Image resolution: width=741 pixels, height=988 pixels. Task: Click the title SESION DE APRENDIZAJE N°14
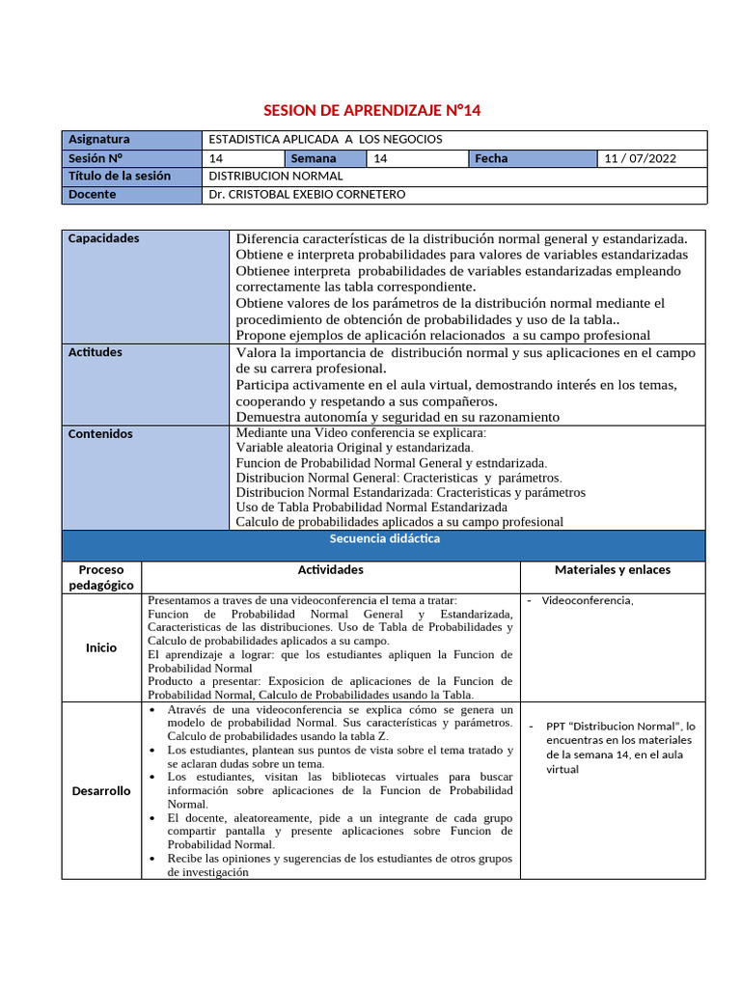coord(371,111)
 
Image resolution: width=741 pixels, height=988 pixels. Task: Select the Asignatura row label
coord(98,139)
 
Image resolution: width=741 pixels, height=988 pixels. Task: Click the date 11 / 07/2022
coord(639,158)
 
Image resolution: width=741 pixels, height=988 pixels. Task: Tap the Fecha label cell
coord(491,158)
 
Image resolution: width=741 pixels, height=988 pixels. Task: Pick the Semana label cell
coord(315,158)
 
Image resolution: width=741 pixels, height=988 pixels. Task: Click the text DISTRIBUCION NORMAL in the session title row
coord(276,177)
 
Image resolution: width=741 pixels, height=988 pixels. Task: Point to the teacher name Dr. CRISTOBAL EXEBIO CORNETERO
coord(307,195)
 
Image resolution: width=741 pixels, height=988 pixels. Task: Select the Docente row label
coord(93,195)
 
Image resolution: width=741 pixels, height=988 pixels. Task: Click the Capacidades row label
coord(103,238)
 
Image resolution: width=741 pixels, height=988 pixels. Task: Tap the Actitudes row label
coord(96,352)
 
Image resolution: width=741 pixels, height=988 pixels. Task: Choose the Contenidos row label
coord(100,434)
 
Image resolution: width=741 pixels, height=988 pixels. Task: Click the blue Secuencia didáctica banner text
coord(384,539)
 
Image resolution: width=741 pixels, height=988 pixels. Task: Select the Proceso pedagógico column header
coord(101,577)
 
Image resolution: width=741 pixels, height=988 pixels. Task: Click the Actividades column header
coord(330,570)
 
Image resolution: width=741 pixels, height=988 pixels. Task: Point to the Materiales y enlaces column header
coord(612,570)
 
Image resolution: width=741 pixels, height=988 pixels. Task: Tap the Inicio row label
coord(101,647)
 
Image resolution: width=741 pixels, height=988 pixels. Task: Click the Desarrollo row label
coord(101,791)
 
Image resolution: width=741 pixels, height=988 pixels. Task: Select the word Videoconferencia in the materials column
coord(587,601)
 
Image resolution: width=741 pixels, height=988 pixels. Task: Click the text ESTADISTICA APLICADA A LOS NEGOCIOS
coord(325,139)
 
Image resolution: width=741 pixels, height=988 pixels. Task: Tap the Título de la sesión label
coord(120,177)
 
